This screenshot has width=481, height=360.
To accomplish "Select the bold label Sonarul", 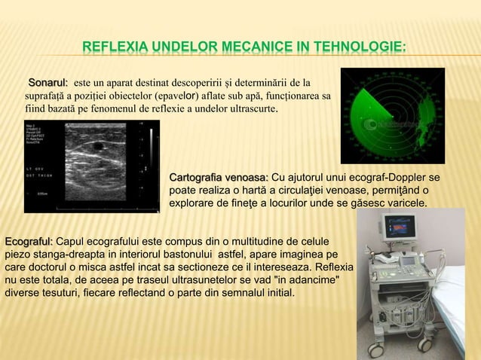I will click(x=47, y=81).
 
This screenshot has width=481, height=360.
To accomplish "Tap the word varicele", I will click(x=403, y=203).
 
